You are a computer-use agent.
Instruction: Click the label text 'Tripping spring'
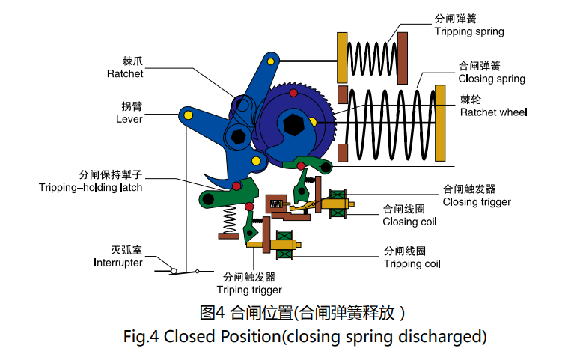(x=469, y=32)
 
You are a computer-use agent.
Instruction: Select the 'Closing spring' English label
(x=491, y=79)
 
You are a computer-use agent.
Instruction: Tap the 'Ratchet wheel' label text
(x=493, y=112)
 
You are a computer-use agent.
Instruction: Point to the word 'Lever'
(x=129, y=119)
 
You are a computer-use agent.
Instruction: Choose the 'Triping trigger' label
(x=249, y=290)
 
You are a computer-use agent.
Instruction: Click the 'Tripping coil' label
(x=412, y=264)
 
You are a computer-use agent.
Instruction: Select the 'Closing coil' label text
(x=410, y=222)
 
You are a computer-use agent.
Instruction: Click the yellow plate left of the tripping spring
(x=343, y=58)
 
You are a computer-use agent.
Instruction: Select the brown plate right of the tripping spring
(x=403, y=58)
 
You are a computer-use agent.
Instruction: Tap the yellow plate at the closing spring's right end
(x=441, y=125)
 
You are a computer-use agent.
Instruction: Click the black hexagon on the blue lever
(x=239, y=137)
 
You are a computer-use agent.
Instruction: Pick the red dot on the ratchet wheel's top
(x=293, y=93)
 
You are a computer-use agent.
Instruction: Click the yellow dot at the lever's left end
(x=188, y=114)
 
